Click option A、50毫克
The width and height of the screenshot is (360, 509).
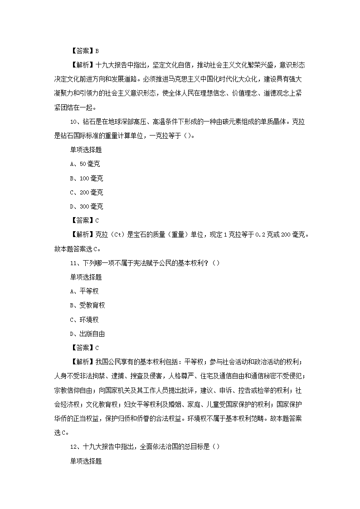click(x=85, y=164)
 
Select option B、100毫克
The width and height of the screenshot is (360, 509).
click(x=87, y=178)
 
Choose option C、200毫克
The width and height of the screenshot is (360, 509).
click(x=87, y=192)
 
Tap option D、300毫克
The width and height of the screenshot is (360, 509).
click(x=87, y=206)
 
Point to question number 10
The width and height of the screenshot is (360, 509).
click(x=73, y=121)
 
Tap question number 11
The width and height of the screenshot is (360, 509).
click(x=73, y=263)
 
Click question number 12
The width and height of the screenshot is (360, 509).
click(x=73, y=446)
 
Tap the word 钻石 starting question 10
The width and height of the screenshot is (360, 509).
click(x=88, y=121)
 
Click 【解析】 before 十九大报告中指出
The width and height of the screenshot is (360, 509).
click(x=82, y=65)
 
